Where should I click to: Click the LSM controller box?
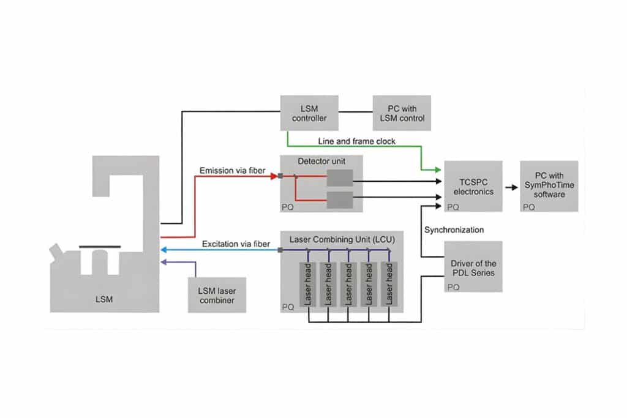309,113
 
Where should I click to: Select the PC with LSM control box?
402,113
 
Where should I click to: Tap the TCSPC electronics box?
473,186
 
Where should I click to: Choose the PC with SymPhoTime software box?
549,186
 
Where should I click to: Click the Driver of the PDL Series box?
473,266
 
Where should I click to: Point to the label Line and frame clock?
356,141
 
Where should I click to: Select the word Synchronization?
454,230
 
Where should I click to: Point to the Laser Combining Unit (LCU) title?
340,236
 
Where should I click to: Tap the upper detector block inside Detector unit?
339,178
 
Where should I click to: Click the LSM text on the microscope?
104,299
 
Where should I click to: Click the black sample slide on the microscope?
100,247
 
